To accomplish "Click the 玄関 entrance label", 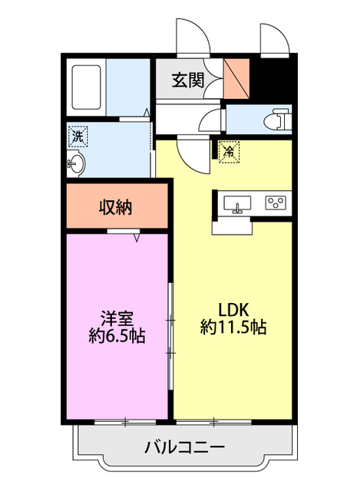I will (x=187, y=80).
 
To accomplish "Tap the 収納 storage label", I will (x=116, y=206).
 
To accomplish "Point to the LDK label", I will (x=233, y=309).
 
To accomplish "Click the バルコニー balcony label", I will (x=184, y=447).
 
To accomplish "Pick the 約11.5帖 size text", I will (x=233, y=328).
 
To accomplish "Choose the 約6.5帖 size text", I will (x=117, y=335).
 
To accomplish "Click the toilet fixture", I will (x=276, y=120).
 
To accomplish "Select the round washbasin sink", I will (x=77, y=163).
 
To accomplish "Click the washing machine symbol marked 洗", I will (x=78, y=136).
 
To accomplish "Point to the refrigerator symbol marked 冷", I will (x=228, y=152).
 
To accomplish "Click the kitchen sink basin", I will (x=238, y=204).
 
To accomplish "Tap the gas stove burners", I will (x=275, y=203).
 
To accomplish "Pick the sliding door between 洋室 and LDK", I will (x=170, y=338).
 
